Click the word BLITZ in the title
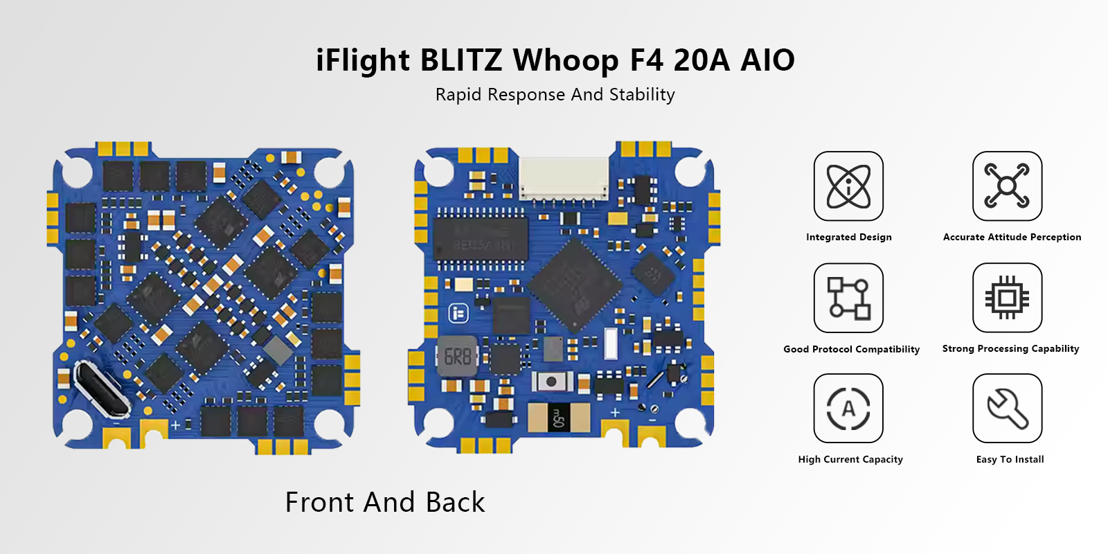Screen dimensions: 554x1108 click(x=461, y=60)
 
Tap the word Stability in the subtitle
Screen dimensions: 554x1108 click(x=642, y=95)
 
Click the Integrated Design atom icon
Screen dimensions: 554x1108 click(x=848, y=186)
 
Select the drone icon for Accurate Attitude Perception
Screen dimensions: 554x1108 click(x=1007, y=186)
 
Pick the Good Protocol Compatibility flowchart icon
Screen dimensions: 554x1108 click(x=848, y=298)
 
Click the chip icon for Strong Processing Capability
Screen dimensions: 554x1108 click(x=1007, y=298)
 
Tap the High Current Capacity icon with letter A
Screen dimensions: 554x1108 click(x=848, y=409)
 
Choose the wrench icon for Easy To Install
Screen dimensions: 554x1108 click(x=1007, y=409)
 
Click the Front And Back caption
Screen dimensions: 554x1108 click(x=385, y=503)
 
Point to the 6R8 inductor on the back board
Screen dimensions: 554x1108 click(x=458, y=357)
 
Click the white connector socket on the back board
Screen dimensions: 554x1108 click(x=563, y=178)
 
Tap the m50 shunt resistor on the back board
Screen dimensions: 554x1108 click(x=558, y=418)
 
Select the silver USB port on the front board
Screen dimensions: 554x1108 click(x=102, y=388)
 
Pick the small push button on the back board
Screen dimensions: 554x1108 click(x=551, y=382)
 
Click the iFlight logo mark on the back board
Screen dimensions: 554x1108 click(x=458, y=314)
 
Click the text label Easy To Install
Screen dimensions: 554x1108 click(x=1010, y=459)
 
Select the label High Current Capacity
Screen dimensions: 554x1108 click(x=850, y=459)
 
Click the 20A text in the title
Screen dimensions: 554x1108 click(x=702, y=60)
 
